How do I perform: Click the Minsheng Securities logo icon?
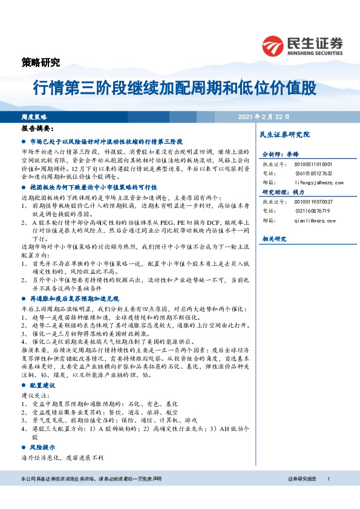pos(273,46)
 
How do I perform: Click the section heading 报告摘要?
pos(37,129)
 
